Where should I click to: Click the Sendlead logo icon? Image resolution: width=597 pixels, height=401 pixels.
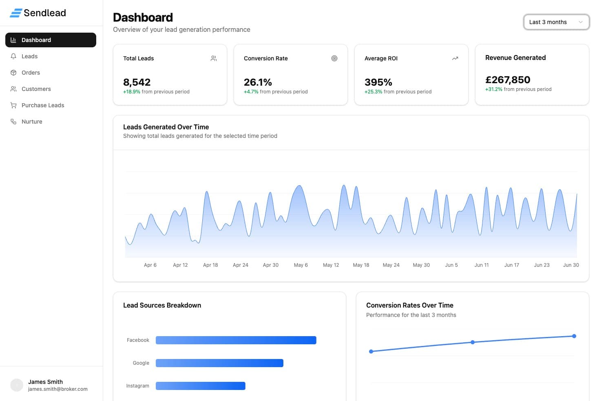coord(16,13)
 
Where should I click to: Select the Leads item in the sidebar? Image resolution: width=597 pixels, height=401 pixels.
coord(29,56)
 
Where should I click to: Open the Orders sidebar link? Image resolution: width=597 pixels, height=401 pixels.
coord(31,73)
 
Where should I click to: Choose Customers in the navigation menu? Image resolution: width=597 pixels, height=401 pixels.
coord(36,89)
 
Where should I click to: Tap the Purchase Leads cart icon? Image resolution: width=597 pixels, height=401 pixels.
coord(13,105)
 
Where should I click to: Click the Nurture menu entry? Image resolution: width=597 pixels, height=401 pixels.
coord(32,122)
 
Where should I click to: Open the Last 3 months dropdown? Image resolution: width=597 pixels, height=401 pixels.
coord(556,22)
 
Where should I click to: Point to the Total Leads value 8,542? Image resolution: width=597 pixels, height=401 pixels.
coord(137,82)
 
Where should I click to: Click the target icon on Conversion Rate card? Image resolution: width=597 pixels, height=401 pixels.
coord(334,58)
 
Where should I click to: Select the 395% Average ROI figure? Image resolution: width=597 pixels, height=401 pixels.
coord(378,82)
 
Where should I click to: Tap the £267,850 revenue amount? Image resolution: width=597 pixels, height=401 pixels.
coord(508,80)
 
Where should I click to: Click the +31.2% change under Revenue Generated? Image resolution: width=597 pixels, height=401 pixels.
coord(494,89)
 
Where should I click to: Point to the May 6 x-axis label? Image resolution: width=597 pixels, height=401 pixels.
coord(301,265)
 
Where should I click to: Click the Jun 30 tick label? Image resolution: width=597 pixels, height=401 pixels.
coord(571,265)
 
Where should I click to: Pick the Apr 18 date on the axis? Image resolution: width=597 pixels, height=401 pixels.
coord(210,265)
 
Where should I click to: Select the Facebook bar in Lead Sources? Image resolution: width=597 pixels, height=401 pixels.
coord(236,340)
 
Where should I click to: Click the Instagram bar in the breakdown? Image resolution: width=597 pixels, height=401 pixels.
coord(200,386)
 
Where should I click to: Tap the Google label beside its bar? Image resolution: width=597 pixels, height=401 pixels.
coord(141,363)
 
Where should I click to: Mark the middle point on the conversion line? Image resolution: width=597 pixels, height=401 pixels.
coord(473,342)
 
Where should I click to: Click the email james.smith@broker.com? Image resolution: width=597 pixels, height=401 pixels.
coord(58,389)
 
